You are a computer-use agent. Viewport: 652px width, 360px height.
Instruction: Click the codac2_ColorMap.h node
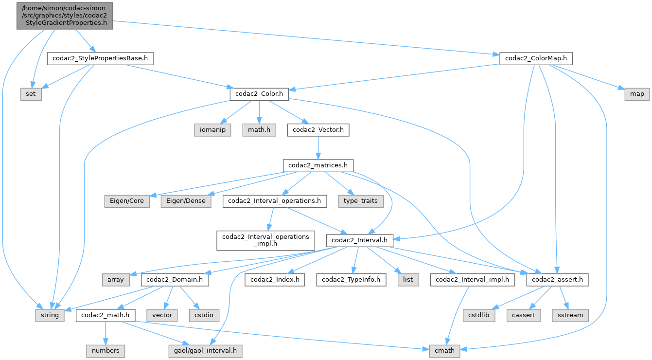pos(536,59)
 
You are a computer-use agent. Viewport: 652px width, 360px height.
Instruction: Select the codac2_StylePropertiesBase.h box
pos(100,59)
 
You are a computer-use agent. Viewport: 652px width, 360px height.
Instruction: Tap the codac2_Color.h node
pos(259,94)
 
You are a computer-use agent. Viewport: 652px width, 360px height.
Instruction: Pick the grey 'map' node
pos(637,94)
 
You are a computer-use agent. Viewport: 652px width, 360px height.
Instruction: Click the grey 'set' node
pos(31,94)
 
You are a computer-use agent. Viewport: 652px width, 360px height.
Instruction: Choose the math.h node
pos(259,130)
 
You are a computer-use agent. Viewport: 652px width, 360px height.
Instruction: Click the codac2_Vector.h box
pos(318,130)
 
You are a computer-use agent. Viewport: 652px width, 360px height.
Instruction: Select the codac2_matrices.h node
pos(318,165)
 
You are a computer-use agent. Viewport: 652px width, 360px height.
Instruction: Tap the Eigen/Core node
pos(127,201)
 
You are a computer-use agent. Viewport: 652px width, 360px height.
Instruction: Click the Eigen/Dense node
pos(187,201)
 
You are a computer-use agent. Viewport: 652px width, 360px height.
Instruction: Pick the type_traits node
pos(360,201)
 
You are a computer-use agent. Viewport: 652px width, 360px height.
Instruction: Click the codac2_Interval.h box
pos(360,240)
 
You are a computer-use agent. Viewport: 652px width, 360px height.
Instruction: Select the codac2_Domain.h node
pos(175,280)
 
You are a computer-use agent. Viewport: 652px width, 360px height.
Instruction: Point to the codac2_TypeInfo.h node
pos(351,280)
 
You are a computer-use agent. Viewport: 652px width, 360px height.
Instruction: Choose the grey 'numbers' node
pos(106,350)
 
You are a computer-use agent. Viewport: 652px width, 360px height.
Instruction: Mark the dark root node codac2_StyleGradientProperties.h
pos(65,16)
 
